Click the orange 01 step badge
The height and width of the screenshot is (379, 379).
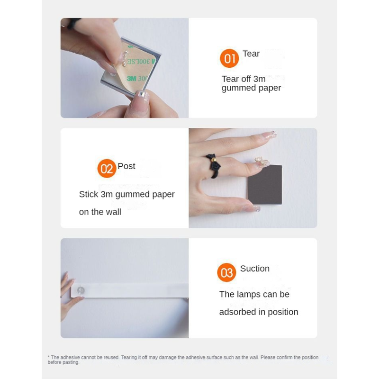(x=229, y=58)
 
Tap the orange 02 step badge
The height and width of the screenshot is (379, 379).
(x=107, y=169)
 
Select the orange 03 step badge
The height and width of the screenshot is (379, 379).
(x=226, y=272)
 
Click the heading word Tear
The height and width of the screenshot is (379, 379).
(x=251, y=54)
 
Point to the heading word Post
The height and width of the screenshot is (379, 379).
(x=126, y=166)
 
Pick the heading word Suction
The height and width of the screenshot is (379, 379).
(x=255, y=269)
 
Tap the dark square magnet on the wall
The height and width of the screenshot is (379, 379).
(x=265, y=185)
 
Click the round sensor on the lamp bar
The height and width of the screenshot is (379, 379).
(x=81, y=290)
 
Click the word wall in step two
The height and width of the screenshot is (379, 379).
(x=114, y=212)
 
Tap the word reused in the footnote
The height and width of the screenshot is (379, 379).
(x=111, y=357)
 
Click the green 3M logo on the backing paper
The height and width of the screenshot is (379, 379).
(x=132, y=78)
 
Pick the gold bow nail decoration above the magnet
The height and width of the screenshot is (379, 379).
(x=262, y=161)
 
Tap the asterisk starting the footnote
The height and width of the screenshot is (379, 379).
(x=49, y=357)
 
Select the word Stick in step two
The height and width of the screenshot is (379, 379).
(x=89, y=194)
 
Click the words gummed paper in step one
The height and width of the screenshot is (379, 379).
(x=251, y=88)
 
